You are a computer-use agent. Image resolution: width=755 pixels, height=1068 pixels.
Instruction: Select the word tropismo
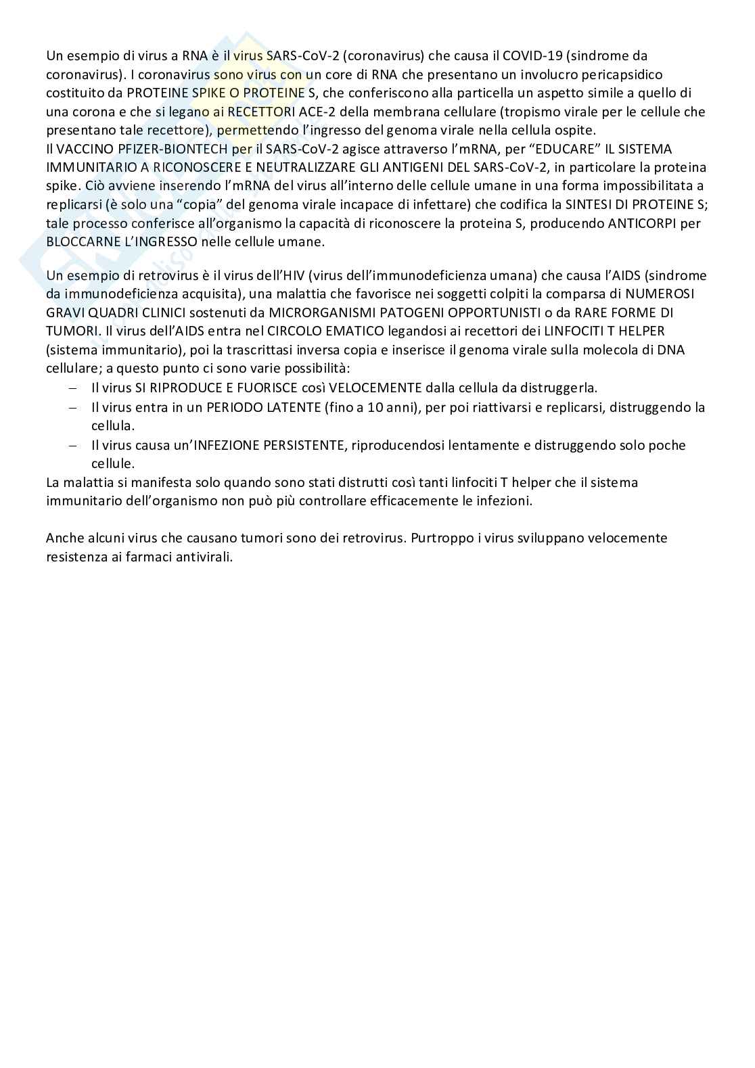(519, 112)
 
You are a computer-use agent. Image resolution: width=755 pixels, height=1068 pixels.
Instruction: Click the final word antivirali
(204, 557)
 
